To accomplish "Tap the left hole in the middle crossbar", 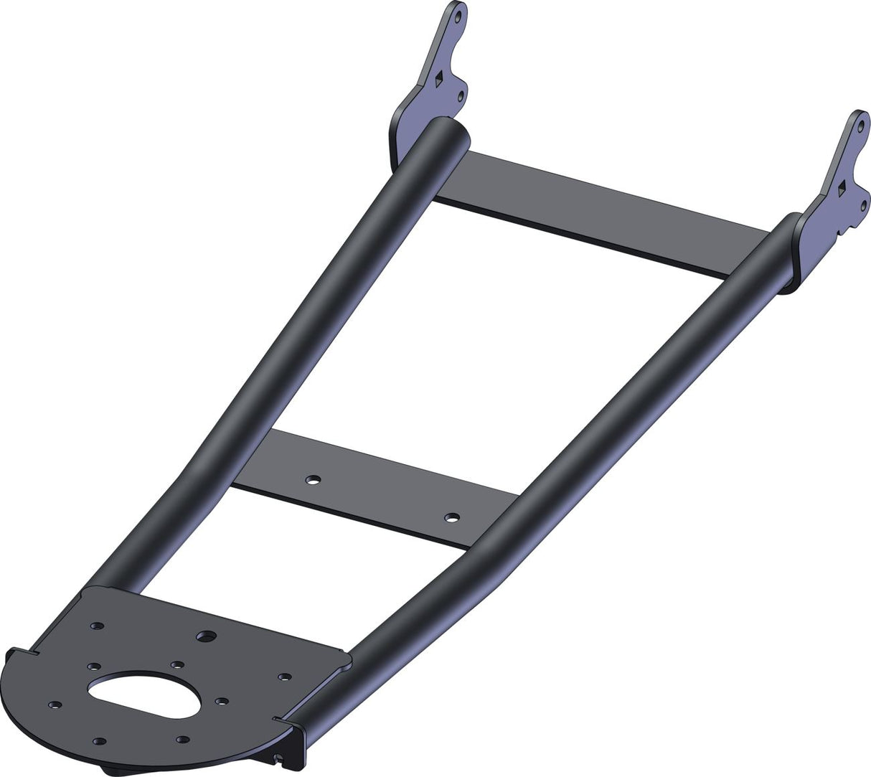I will (x=313, y=480).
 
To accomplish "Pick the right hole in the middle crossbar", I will (x=451, y=517).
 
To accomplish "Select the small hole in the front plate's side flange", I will (x=278, y=756).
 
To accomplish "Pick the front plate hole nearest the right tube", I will (x=285, y=676).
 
